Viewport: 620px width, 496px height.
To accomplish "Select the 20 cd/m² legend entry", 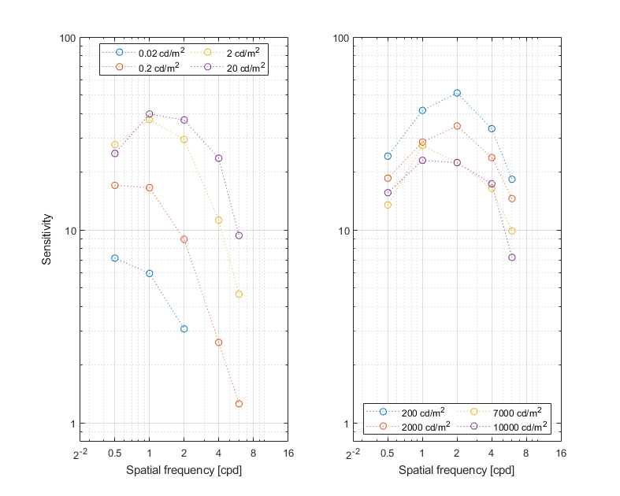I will click(237, 68).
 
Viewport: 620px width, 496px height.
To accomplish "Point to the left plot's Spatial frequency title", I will click(184, 471).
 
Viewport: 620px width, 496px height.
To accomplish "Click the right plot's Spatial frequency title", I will click(456, 471).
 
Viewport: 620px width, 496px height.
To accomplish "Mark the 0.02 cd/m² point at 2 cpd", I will click(184, 328).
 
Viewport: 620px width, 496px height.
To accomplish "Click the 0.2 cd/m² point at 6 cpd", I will click(239, 404).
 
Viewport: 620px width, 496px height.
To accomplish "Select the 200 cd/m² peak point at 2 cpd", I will click(457, 93).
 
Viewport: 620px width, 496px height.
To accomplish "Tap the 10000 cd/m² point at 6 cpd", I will click(512, 257).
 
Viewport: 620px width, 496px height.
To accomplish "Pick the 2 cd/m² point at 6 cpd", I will click(239, 294).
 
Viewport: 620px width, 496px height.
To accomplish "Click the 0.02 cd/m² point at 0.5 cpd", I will click(115, 258).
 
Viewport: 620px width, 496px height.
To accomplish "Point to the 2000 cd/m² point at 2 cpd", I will click(457, 126).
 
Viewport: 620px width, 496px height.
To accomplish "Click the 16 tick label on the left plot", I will click(288, 453).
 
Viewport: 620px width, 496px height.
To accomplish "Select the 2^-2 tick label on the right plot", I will click(352, 453).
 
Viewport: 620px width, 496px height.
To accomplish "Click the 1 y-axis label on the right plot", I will click(343, 424).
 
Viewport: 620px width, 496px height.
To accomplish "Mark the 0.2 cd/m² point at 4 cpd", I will click(218, 342).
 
